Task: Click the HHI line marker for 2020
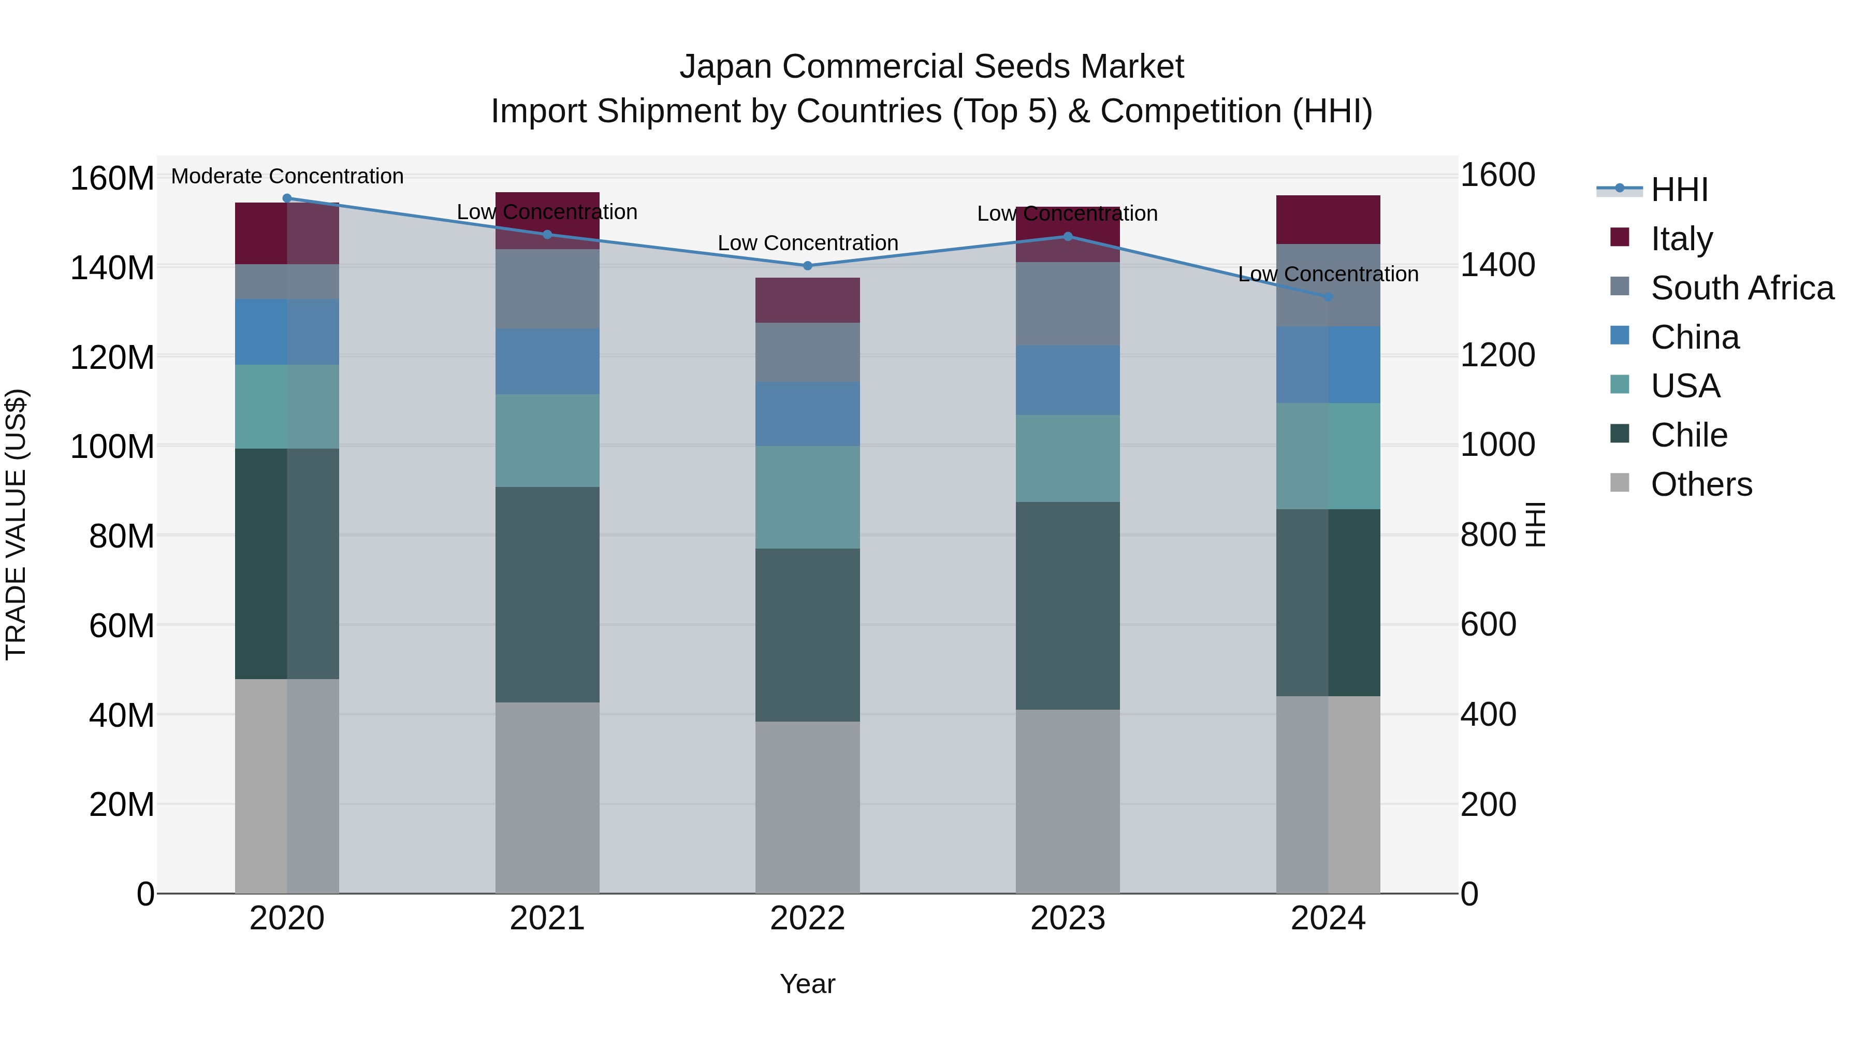coord(286,198)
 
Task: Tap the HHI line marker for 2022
coord(808,266)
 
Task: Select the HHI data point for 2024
coord(1328,297)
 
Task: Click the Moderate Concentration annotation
coord(287,177)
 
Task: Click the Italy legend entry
coord(1682,239)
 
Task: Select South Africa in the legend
coord(1742,288)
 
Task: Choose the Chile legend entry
coord(1689,436)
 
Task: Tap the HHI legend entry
coord(1679,190)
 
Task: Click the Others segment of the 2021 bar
coord(547,796)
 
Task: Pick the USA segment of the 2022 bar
coord(808,497)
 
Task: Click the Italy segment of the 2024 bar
coord(1328,219)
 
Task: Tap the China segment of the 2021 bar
coord(547,361)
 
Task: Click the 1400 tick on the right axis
coord(1497,265)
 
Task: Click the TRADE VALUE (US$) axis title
coord(16,524)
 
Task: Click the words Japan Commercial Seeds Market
coord(931,67)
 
